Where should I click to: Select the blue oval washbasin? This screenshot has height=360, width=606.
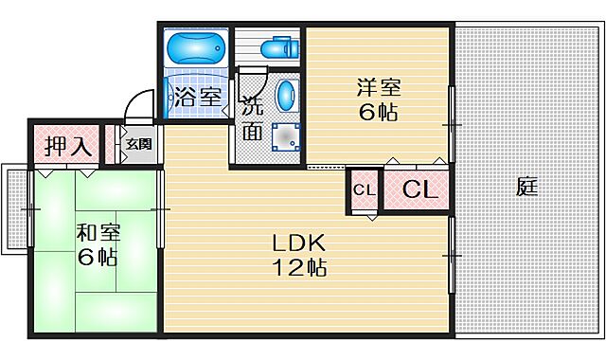(287, 96)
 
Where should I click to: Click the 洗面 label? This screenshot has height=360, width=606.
(251, 117)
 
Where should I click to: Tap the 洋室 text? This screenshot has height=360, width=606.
(378, 88)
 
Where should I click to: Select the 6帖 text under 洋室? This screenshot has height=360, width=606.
(378, 113)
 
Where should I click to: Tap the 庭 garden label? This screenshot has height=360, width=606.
(527, 188)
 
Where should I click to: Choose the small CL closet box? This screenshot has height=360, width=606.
(365, 189)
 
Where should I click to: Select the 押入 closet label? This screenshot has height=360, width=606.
(68, 147)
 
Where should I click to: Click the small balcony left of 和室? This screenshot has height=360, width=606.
(15, 209)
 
